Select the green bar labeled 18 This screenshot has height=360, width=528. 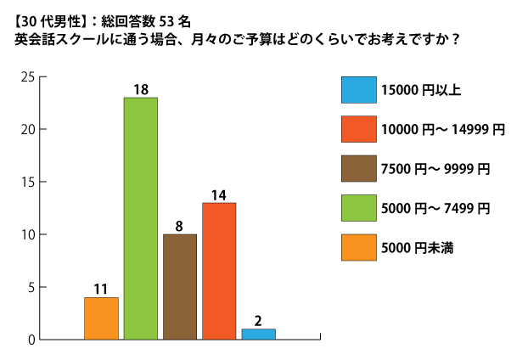[140, 218]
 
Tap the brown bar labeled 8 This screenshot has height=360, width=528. [180, 286]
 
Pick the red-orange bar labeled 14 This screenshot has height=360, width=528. [219, 271]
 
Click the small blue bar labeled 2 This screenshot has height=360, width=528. [258, 334]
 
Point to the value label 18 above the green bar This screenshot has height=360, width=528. [141, 88]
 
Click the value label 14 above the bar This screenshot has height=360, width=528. [219, 194]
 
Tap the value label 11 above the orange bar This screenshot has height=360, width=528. [101, 289]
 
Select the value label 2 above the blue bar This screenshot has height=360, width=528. [258, 321]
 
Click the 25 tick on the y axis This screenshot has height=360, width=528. [27, 77]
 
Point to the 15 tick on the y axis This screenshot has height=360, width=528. [27, 183]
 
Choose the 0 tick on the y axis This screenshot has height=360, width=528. [30, 340]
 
